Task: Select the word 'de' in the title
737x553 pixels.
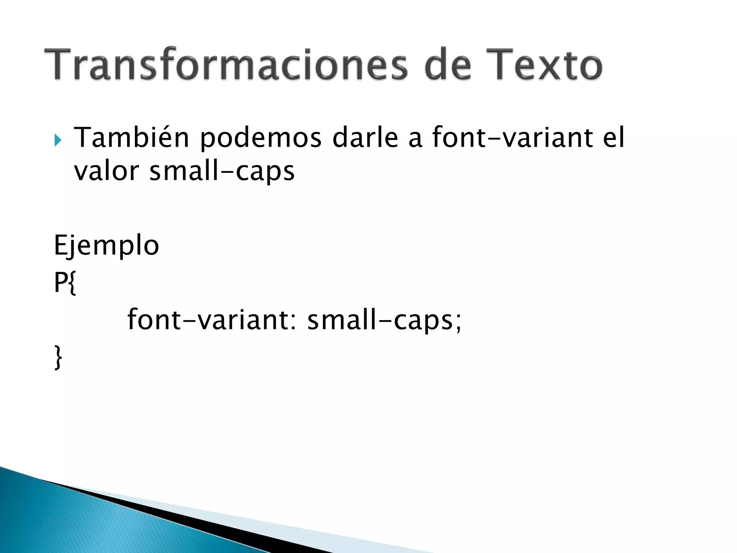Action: point(447,65)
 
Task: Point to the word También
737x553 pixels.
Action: point(131,138)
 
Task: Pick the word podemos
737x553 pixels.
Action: point(261,138)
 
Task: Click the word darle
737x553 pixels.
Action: point(365,138)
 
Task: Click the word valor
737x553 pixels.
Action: point(106,171)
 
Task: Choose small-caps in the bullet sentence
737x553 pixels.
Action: point(222,171)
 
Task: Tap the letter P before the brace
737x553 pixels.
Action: point(60,283)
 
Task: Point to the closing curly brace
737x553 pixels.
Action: point(58,357)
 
